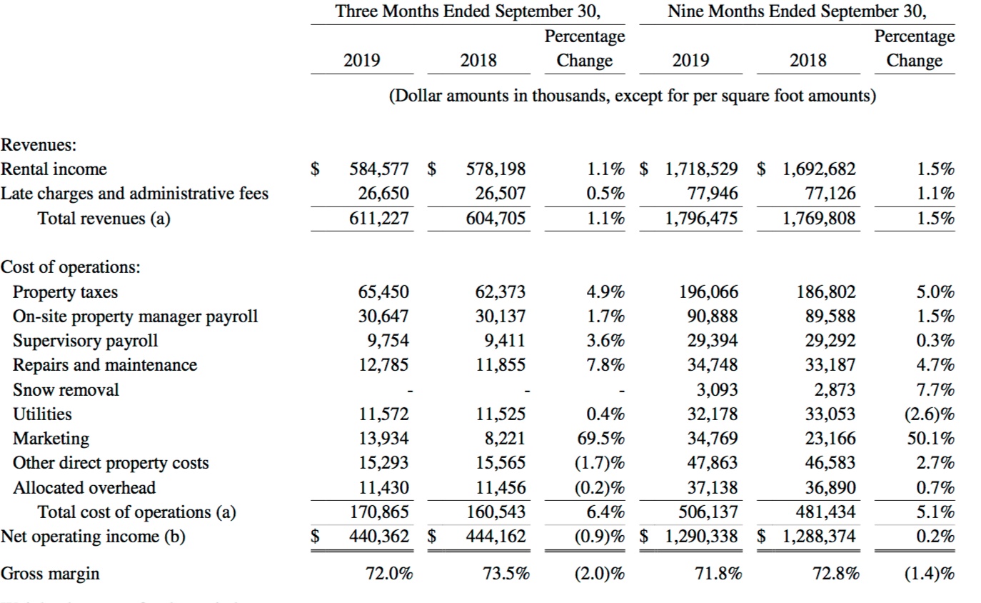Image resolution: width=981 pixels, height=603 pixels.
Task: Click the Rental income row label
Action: click(x=54, y=169)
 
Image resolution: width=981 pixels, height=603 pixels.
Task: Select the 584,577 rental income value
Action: click(x=379, y=169)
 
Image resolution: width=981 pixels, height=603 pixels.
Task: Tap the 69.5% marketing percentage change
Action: click(x=602, y=438)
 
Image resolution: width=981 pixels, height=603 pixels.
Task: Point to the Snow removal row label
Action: click(x=66, y=390)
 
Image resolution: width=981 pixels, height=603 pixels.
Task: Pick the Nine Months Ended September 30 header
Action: click(x=797, y=11)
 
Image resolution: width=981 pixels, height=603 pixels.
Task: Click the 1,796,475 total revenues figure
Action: click(x=702, y=219)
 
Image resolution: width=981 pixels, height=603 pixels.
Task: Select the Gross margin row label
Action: click(x=50, y=574)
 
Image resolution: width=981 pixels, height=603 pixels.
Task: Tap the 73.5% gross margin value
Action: click(x=506, y=574)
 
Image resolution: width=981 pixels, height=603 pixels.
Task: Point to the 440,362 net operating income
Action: click(x=379, y=536)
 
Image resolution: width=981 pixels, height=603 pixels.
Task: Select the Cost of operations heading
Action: click(x=71, y=267)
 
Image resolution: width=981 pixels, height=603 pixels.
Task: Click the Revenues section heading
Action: click(x=39, y=145)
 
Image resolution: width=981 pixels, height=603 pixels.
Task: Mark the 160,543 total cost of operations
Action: click(x=496, y=512)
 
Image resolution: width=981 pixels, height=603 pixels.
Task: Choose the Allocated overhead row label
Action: click(x=84, y=488)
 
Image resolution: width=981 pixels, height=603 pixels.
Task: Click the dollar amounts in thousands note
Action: click(x=632, y=96)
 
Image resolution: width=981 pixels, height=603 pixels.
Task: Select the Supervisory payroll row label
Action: click(x=86, y=341)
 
